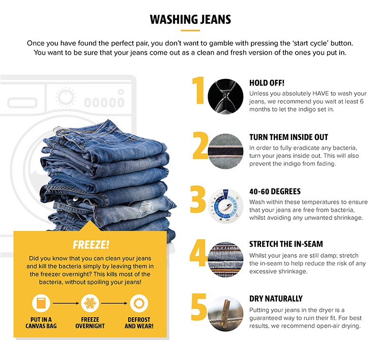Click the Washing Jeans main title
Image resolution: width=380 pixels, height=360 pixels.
pyautogui.click(x=190, y=19)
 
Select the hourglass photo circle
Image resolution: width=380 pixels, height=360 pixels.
pyautogui.click(x=225, y=96)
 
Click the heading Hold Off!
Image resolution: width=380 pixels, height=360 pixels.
pyautogui.click(x=266, y=83)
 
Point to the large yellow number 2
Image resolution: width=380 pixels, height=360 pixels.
pyautogui.click(x=200, y=145)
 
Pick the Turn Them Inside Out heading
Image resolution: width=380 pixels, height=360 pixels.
pyautogui.click(x=289, y=137)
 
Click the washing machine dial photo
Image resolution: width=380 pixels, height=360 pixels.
pyautogui.click(x=225, y=206)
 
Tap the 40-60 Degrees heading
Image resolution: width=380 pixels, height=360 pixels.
pyautogui.click(x=275, y=191)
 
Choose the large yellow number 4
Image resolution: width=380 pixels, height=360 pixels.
pyautogui.click(x=198, y=253)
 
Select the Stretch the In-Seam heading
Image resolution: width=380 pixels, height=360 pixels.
pyautogui.click(x=286, y=244)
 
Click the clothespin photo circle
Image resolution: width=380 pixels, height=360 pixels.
pyautogui.click(x=225, y=314)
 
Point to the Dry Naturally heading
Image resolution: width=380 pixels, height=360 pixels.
pyautogui.click(x=276, y=298)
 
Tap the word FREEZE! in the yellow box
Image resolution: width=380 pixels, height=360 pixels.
pyautogui.click(x=91, y=245)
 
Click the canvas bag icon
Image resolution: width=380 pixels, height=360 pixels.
pyautogui.click(x=41, y=303)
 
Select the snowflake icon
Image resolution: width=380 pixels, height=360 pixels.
pyautogui.click(x=90, y=303)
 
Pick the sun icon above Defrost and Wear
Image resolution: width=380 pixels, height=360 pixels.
pyautogui.click(x=139, y=303)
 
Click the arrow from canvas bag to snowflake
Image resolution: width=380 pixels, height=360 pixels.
pyautogui.click(x=66, y=303)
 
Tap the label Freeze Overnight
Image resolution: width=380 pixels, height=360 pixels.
pyautogui.click(x=90, y=322)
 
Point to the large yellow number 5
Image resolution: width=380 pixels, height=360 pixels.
pyautogui.click(x=199, y=307)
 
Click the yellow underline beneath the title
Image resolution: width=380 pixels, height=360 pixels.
pyautogui.click(x=190, y=30)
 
